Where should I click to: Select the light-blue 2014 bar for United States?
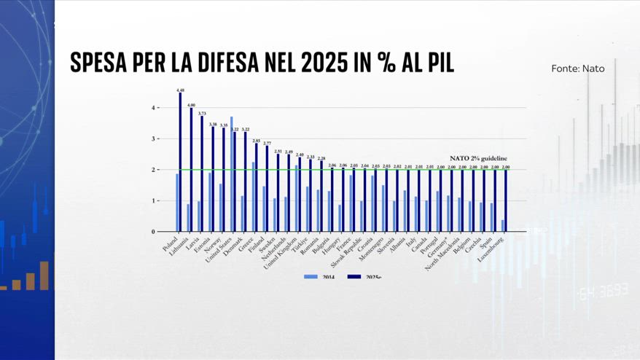click(231, 174)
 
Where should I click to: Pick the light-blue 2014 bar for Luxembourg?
click(502, 226)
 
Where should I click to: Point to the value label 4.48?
click(180, 90)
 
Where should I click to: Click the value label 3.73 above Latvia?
click(202, 113)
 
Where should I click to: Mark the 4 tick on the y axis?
click(154, 108)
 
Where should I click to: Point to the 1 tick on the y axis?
click(154, 201)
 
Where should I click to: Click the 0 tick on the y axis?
click(154, 232)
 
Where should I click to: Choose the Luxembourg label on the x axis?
click(493, 249)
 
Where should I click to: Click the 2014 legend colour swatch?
click(311, 276)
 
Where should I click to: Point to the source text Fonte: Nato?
click(577, 69)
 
